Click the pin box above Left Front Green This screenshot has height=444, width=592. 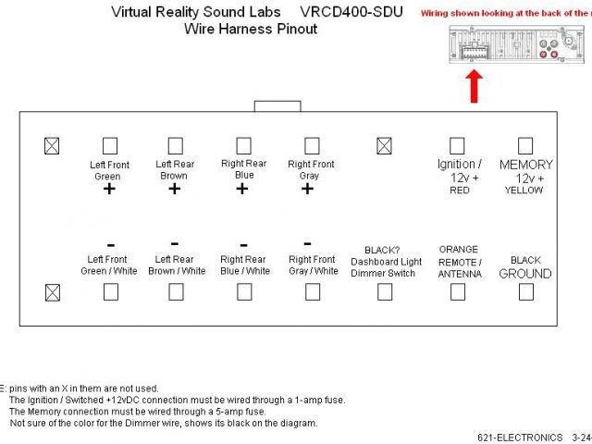(x=110, y=146)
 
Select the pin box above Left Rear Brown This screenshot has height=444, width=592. (x=175, y=146)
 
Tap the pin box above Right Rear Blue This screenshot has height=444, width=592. (x=243, y=146)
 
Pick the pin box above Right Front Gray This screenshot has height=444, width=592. (x=312, y=146)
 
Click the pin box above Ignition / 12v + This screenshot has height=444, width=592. (x=457, y=146)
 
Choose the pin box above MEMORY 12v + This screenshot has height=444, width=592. (x=525, y=146)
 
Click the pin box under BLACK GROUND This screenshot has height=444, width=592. (x=525, y=292)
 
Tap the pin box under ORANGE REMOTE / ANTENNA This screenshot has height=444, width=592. (x=457, y=292)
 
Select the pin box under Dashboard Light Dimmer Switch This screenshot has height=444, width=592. (x=384, y=292)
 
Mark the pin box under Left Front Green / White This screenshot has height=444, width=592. (x=110, y=292)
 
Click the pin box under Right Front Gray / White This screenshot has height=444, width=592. (x=313, y=292)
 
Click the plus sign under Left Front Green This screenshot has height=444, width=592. (x=109, y=190)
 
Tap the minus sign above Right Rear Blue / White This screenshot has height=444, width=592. (x=242, y=245)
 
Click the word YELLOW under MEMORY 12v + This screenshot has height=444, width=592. (x=524, y=191)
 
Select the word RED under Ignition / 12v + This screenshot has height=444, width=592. (x=459, y=191)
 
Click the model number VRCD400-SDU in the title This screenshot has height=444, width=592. (x=351, y=12)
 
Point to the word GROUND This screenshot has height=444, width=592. (x=524, y=274)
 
